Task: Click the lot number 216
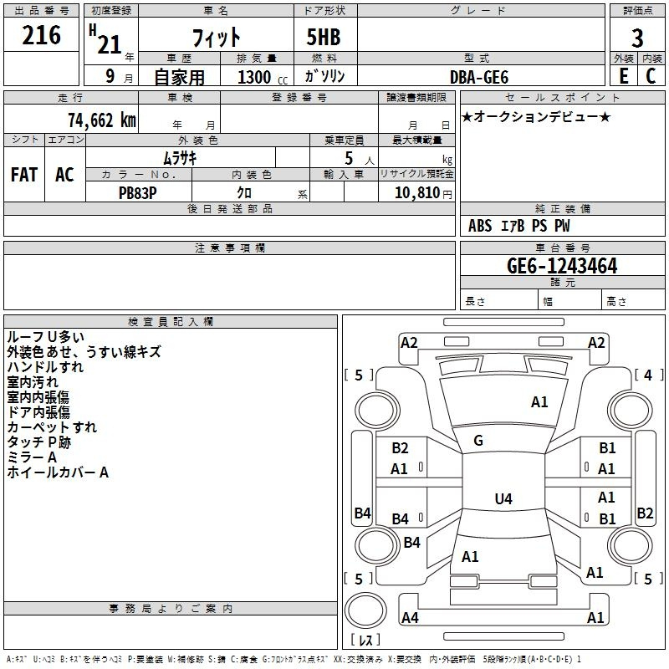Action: click(x=41, y=36)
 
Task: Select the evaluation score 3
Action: click(x=637, y=38)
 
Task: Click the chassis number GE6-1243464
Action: click(x=562, y=266)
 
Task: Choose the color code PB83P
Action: click(x=137, y=192)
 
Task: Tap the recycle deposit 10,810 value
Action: click(x=416, y=192)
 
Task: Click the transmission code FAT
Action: click(x=24, y=175)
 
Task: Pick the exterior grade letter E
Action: click(x=623, y=76)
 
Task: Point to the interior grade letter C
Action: click(x=651, y=76)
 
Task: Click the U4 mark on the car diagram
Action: click(x=503, y=499)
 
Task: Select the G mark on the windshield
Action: click(x=478, y=441)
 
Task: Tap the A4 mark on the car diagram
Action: click(x=410, y=618)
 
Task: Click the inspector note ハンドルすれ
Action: click(x=45, y=367)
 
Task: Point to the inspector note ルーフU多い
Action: click(x=45, y=337)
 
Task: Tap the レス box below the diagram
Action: click(x=365, y=641)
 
